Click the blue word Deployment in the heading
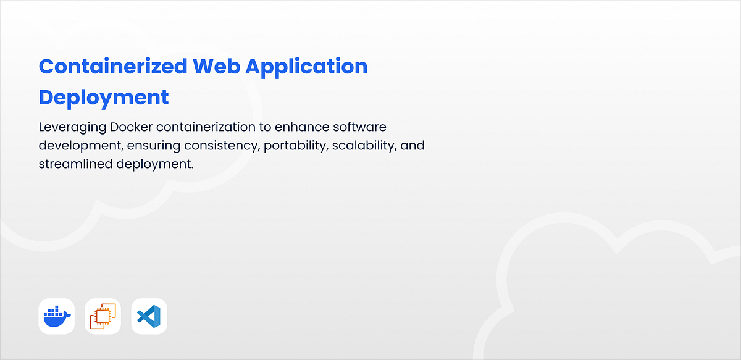point(104,97)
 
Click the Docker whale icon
point(57,317)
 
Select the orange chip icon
point(103,317)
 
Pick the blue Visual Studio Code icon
point(149,317)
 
